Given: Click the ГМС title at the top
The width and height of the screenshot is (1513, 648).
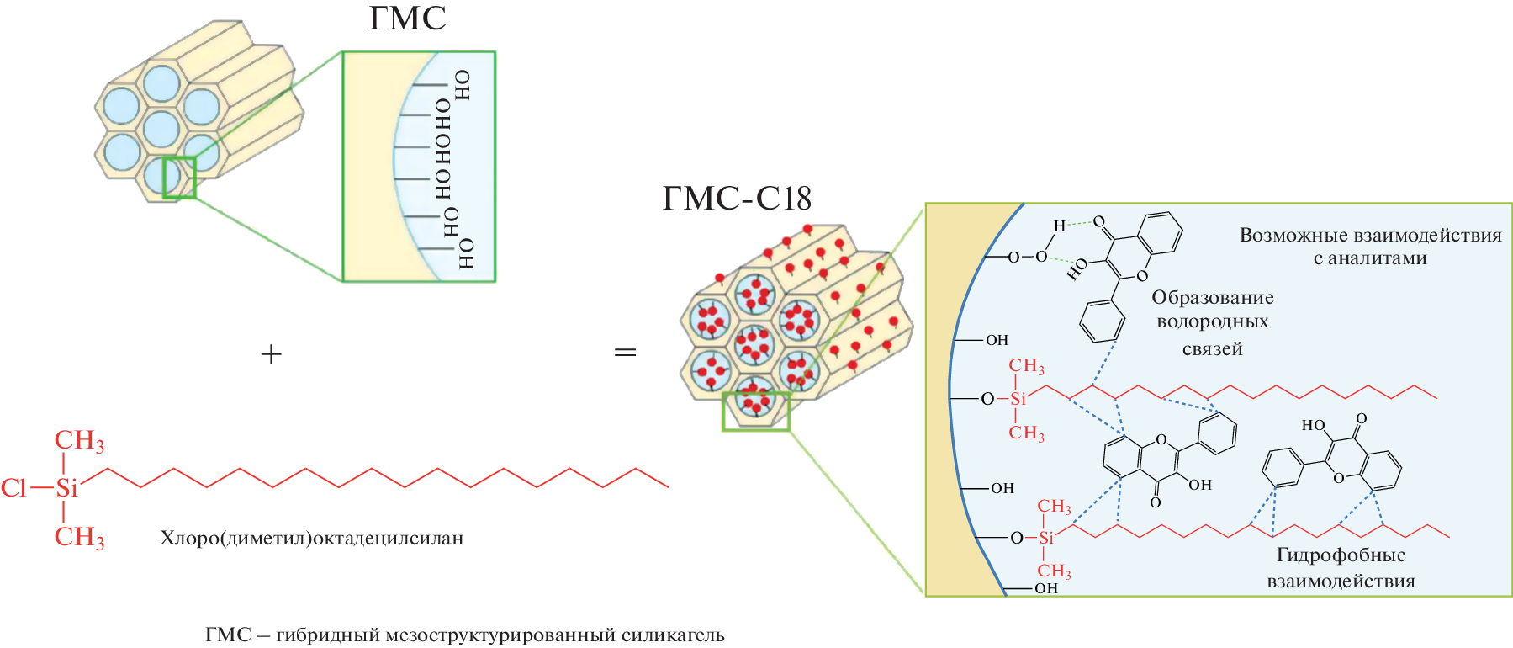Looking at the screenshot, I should tap(407, 19).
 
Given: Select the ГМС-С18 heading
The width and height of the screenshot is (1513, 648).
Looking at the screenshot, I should tap(737, 199).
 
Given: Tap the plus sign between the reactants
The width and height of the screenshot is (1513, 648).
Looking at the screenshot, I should tap(271, 354).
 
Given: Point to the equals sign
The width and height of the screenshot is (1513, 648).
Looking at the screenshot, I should tap(625, 352).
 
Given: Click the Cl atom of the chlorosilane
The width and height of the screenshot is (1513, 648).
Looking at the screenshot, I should tap(14, 488).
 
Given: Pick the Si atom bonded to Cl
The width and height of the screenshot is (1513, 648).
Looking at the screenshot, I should tap(66, 488).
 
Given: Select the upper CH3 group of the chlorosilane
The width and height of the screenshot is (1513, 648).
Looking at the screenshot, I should tap(79, 441).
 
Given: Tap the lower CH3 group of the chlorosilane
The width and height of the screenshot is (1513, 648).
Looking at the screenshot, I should tap(79, 537).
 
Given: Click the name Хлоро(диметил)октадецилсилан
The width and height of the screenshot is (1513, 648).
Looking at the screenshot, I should tap(311, 539).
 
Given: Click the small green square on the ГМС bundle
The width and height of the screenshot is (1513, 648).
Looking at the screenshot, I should tap(179, 178).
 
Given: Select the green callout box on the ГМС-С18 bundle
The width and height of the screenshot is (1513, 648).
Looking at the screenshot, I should tap(756, 412).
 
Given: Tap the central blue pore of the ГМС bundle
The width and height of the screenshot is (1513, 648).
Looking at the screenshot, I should tap(161, 129).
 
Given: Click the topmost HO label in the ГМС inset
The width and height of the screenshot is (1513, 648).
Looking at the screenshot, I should tap(462, 85).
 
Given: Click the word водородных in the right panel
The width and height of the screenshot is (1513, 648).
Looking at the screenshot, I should tap(1212, 321).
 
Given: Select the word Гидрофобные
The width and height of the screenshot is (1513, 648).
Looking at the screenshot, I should tap(1341, 555).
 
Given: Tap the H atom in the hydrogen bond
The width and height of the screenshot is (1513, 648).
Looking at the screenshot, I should tap(1060, 226).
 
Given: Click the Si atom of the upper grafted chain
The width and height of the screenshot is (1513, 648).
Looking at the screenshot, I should tap(1018, 399).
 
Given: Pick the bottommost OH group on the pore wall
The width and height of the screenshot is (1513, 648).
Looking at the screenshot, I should tap(1046, 588).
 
